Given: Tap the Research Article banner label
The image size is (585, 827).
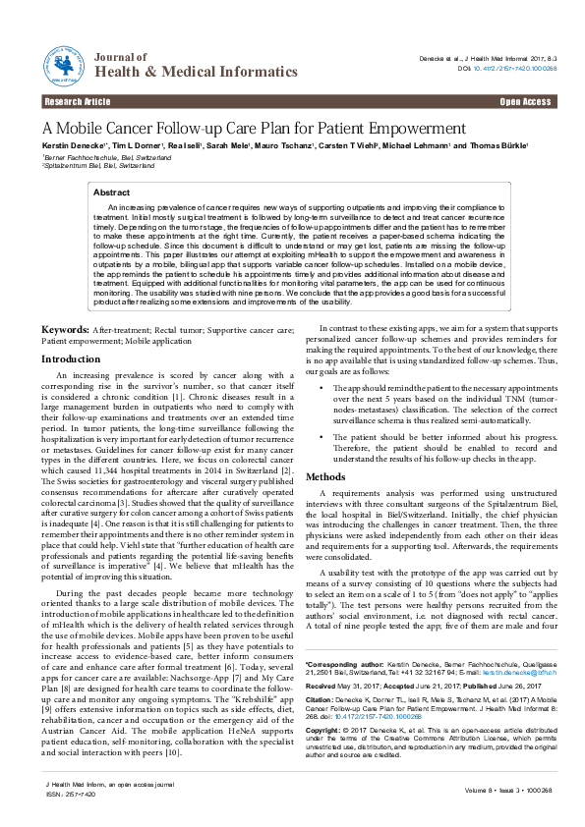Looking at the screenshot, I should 77,102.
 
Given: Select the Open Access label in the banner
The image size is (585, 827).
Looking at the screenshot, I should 525,102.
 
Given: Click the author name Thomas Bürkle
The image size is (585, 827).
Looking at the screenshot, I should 499,145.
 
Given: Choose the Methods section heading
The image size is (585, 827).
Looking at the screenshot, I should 325,476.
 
